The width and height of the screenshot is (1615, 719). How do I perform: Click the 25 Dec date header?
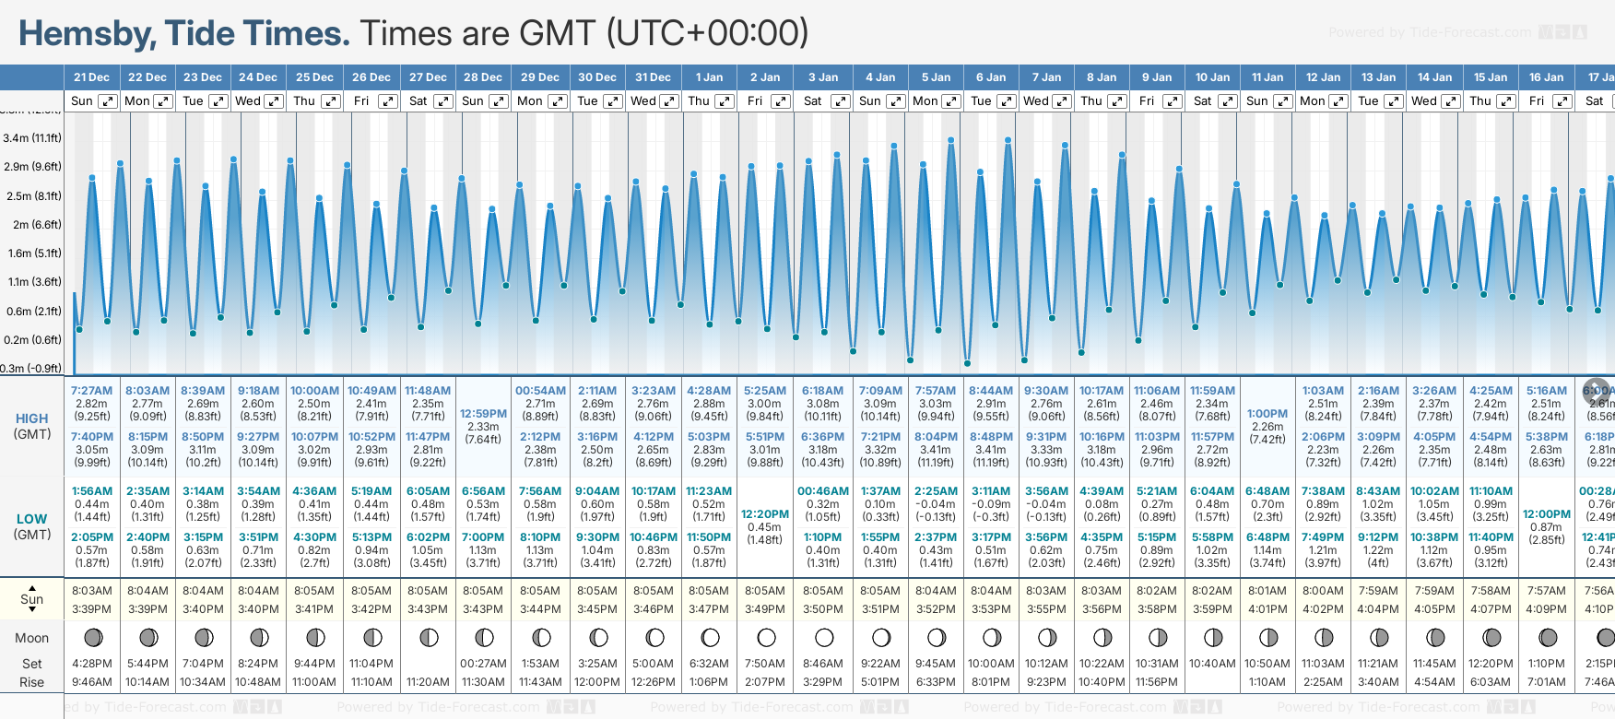[x=314, y=77]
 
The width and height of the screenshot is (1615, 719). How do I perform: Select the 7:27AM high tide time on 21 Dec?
[x=91, y=391]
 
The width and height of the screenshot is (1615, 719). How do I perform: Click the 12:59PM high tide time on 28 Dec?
[x=483, y=414]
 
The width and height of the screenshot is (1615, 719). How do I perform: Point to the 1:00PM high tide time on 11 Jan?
[x=1267, y=414]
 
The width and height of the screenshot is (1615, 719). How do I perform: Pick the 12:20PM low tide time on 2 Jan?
[x=765, y=514]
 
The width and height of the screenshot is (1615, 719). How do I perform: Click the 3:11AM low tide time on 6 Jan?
[x=991, y=491]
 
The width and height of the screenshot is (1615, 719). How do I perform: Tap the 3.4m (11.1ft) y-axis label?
[x=32, y=138]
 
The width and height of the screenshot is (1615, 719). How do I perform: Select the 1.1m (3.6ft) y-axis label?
[x=32, y=282]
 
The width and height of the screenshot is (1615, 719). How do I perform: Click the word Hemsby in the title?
[x=88, y=34]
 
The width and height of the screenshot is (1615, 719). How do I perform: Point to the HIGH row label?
[x=32, y=418]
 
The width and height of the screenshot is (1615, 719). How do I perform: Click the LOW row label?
[x=32, y=519]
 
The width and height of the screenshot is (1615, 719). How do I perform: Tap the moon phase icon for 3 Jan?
[x=824, y=638]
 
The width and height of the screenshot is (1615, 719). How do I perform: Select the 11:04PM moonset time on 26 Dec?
[x=371, y=664]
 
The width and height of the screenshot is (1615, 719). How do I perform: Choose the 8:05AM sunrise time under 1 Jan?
[x=709, y=591]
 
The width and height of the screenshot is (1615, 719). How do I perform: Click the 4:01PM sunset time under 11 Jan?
[x=1267, y=609]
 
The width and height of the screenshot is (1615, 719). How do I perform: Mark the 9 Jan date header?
[x=1157, y=77]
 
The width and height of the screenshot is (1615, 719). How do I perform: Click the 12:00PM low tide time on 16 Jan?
[x=1547, y=514]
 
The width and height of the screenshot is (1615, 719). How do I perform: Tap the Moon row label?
[x=32, y=638]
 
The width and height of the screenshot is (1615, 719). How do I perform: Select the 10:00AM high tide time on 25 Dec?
[x=314, y=391]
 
